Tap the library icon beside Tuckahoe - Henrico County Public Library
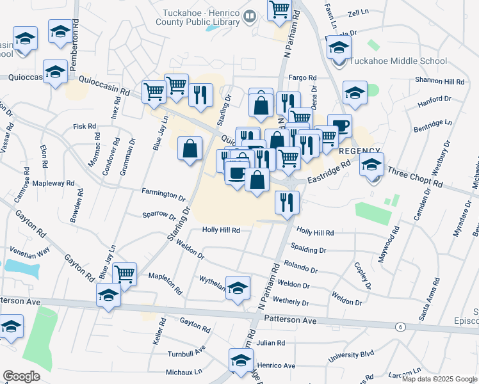pyautogui.click(x=250, y=15)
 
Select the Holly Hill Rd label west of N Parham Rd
pyautogui.click(x=221, y=230)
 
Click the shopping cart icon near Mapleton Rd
pyautogui.click(x=125, y=274)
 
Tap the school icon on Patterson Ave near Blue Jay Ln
pyautogui.click(x=108, y=295)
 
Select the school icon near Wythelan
pyautogui.click(x=238, y=288)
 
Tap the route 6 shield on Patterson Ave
pyautogui.click(x=401, y=327)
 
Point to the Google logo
pyautogui.click(x=22, y=376)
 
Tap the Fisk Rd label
pyautogui.click(x=84, y=127)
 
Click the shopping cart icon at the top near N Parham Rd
pyautogui.click(x=280, y=10)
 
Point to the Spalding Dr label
pyautogui.click(x=308, y=250)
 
